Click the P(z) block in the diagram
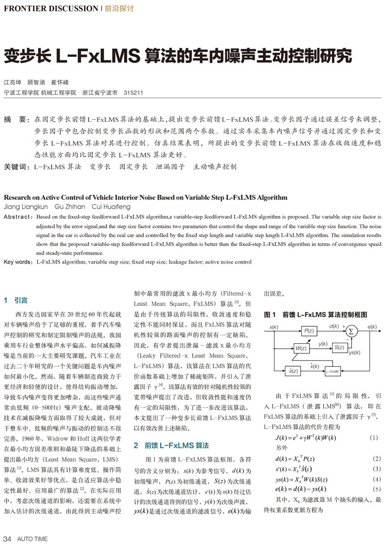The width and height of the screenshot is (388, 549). pos(308,330)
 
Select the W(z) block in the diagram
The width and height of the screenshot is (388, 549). pos(300,349)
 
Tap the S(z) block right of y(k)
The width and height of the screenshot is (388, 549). pos(339,348)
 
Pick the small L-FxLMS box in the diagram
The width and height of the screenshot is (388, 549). pos(333,371)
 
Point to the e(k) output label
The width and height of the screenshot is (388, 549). pos(372,327)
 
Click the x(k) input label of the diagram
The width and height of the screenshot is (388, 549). pos(274,327)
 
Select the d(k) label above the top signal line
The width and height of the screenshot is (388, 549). pos(334,326)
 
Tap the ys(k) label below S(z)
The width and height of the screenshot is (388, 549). pos(355,352)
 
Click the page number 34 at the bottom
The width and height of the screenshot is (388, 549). pos(8,537)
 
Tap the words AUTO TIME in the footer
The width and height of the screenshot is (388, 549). pos(33,537)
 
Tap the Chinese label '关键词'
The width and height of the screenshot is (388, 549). pos(16,166)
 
